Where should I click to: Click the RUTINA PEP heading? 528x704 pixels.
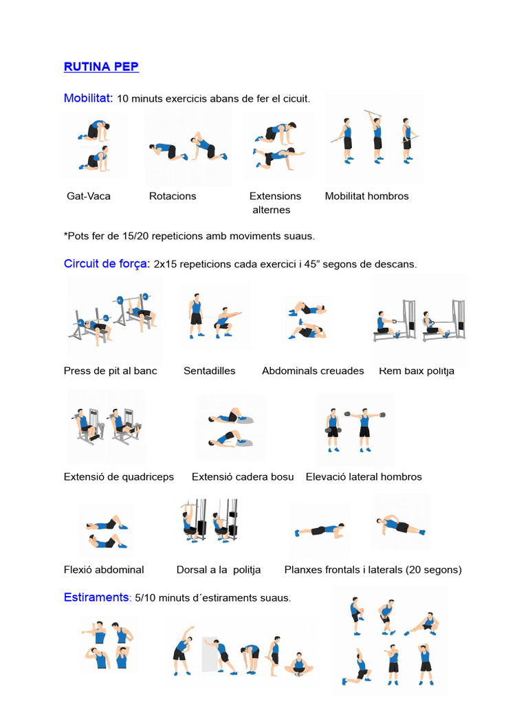coord(101,67)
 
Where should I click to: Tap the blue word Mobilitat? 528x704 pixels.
coord(88,98)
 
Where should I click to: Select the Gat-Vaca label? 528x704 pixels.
coord(88,196)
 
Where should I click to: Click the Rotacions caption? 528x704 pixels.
coord(173,196)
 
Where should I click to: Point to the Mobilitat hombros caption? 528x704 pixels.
coord(366,196)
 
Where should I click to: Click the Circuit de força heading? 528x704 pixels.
coord(107,263)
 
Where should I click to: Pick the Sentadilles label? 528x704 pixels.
coord(209,371)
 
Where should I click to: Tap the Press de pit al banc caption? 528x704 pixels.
coord(110,371)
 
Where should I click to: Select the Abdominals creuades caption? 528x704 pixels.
coord(313,371)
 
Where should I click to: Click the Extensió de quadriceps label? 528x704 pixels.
coord(118,476)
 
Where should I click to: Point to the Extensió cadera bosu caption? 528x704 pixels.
coord(243,476)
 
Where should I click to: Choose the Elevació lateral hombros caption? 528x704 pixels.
coord(364,476)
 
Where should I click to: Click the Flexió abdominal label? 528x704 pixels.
coord(104,569)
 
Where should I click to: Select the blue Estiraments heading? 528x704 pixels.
coord(96,597)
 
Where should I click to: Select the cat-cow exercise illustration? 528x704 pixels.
coord(94,146)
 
